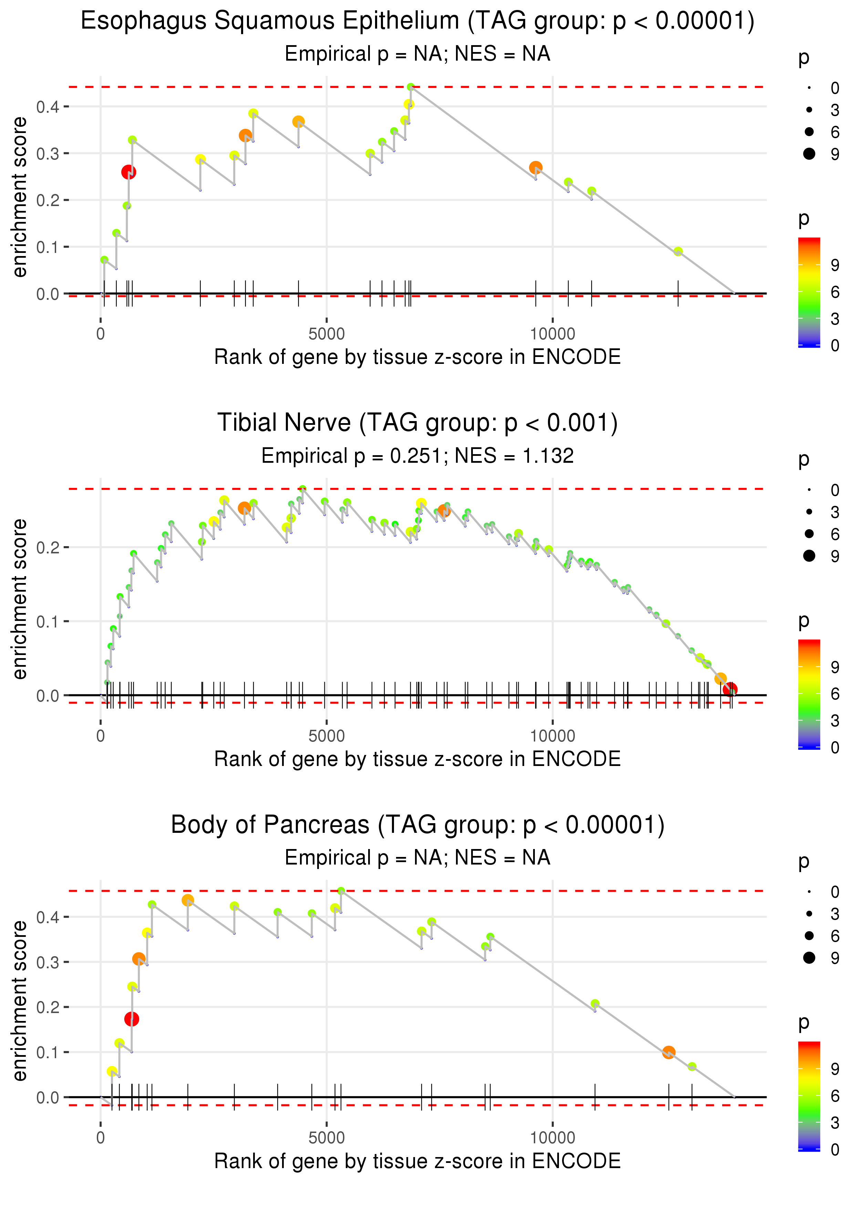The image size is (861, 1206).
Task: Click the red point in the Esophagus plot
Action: tap(129, 172)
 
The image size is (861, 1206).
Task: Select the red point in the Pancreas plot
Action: tap(132, 1019)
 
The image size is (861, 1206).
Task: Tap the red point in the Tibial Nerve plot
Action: tap(730, 689)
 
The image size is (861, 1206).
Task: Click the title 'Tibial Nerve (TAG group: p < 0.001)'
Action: tap(417, 423)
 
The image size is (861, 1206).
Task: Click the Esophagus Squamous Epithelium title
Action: tap(417, 21)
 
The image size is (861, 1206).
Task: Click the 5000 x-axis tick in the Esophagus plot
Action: tap(326, 334)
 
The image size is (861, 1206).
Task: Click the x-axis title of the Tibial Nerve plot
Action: tap(417, 759)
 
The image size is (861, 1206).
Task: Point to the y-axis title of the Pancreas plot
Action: tap(20, 1000)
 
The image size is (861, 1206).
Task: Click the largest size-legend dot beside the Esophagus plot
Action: tap(809, 154)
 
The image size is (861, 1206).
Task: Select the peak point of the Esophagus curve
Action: tap(411, 87)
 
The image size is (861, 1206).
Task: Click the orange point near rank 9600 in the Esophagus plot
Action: tap(536, 167)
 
